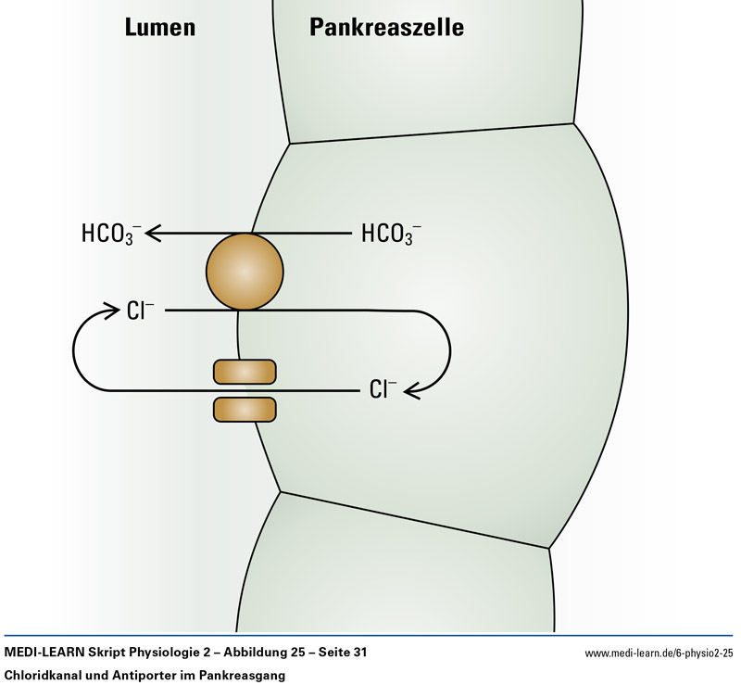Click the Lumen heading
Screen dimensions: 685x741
tap(159, 29)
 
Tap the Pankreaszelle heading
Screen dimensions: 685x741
tap(386, 29)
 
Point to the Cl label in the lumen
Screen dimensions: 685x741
tap(141, 311)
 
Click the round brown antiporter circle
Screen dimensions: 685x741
tap(245, 272)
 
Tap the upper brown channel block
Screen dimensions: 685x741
tap(245, 372)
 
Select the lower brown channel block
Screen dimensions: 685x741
tap(245, 408)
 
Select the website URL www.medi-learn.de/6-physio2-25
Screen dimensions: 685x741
tap(659, 654)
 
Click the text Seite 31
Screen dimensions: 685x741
tap(341, 653)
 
